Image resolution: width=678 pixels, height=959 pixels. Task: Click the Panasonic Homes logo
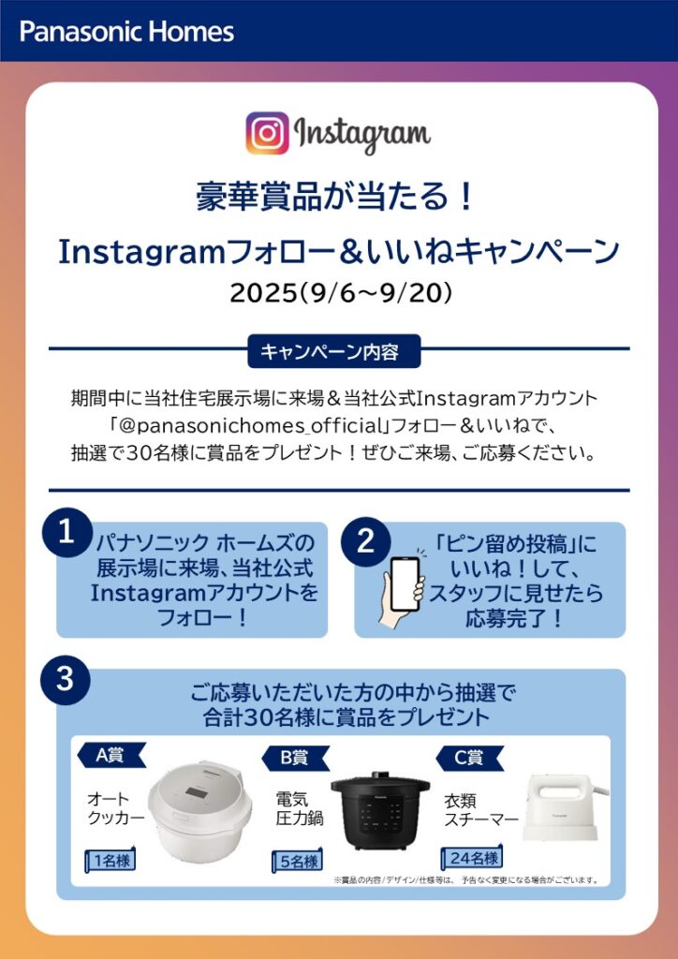(x=126, y=32)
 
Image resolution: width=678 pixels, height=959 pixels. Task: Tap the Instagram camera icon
(x=267, y=133)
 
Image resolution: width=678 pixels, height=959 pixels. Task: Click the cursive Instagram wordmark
(x=362, y=134)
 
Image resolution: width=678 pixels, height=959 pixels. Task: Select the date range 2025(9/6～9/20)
(x=341, y=293)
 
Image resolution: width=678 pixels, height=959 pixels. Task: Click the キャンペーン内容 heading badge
(x=333, y=351)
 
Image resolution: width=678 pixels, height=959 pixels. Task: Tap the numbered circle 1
(x=66, y=533)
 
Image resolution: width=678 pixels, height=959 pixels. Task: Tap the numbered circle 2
(x=365, y=541)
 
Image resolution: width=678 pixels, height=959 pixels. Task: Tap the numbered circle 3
(x=66, y=680)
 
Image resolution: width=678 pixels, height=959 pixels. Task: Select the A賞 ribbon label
(x=111, y=756)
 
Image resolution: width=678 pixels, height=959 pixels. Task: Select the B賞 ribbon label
(x=295, y=759)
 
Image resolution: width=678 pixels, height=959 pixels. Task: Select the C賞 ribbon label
(x=469, y=759)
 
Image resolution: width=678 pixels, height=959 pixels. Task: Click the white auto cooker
(x=199, y=810)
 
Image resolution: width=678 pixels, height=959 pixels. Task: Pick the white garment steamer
(x=565, y=807)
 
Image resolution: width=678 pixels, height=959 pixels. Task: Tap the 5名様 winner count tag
(x=297, y=862)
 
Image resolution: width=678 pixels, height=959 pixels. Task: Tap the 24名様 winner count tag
(x=472, y=858)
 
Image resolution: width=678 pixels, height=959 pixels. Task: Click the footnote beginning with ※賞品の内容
(x=465, y=880)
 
